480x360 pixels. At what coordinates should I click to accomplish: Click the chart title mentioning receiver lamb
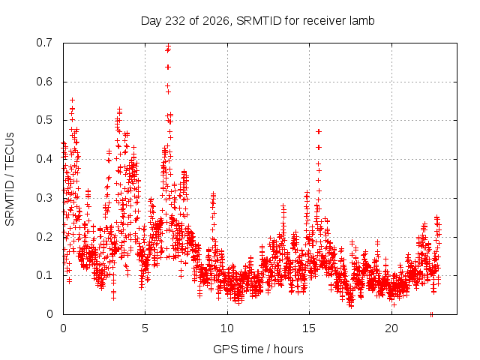[x=257, y=21]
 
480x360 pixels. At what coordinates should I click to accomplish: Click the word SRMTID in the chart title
[x=259, y=21]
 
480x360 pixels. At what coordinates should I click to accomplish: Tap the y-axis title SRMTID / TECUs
[x=10, y=179]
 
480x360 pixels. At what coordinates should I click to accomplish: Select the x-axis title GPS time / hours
[x=258, y=349]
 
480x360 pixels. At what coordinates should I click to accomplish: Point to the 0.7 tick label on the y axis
[x=44, y=43]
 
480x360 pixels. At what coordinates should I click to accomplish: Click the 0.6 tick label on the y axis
[x=44, y=82]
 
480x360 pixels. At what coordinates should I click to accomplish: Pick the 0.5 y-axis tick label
[x=44, y=120]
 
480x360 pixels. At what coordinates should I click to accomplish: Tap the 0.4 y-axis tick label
[x=44, y=159]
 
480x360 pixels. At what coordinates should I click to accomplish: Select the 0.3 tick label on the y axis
[x=44, y=198]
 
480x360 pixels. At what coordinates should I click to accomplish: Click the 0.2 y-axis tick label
[x=44, y=237]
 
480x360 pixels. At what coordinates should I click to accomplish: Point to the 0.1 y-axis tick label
[x=44, y=275]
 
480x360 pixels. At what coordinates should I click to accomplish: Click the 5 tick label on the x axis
[x=145, y=328]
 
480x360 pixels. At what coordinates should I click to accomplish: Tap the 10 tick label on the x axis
[x=227, y=328]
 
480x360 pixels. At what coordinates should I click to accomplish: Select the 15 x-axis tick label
[x=309, y=328]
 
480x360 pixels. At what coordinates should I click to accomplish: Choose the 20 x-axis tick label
[x=391, y=328]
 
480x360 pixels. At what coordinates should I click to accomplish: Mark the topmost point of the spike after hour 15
[x=319, y=132]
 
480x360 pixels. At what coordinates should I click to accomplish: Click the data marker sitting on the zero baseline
[x=432, y=314]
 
